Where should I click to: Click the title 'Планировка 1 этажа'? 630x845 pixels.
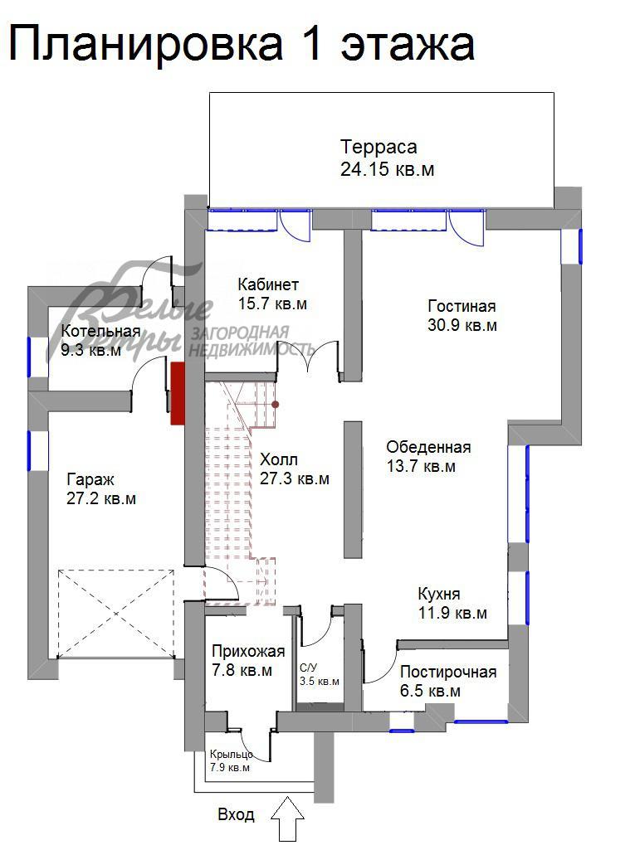(x=242, y=44)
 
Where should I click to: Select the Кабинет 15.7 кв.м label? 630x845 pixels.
(x=272, y=294)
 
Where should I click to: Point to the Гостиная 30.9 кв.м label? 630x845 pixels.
(x=462, y=315)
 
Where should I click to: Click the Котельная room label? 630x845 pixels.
(x=100, y=341)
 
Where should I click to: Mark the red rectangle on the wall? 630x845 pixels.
(x=178, y=393)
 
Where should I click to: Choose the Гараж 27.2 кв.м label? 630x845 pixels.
(x=100, y=489)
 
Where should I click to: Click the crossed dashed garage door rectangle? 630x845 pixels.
(x=116, y=613)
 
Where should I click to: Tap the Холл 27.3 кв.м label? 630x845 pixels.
(x=294, y=469)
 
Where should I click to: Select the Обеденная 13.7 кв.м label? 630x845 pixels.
(x=428, y=457)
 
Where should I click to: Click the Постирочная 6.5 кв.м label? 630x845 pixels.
(x=447, y=681)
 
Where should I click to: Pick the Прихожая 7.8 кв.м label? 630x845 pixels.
(x=247, y=661)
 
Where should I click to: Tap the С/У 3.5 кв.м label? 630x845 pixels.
(x=319, y=673)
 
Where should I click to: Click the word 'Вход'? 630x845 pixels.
(x=236, y=815)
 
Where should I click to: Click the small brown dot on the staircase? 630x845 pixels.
(x=276, y=405)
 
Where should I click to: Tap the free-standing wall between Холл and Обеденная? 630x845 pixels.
(x=353, y=488)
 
